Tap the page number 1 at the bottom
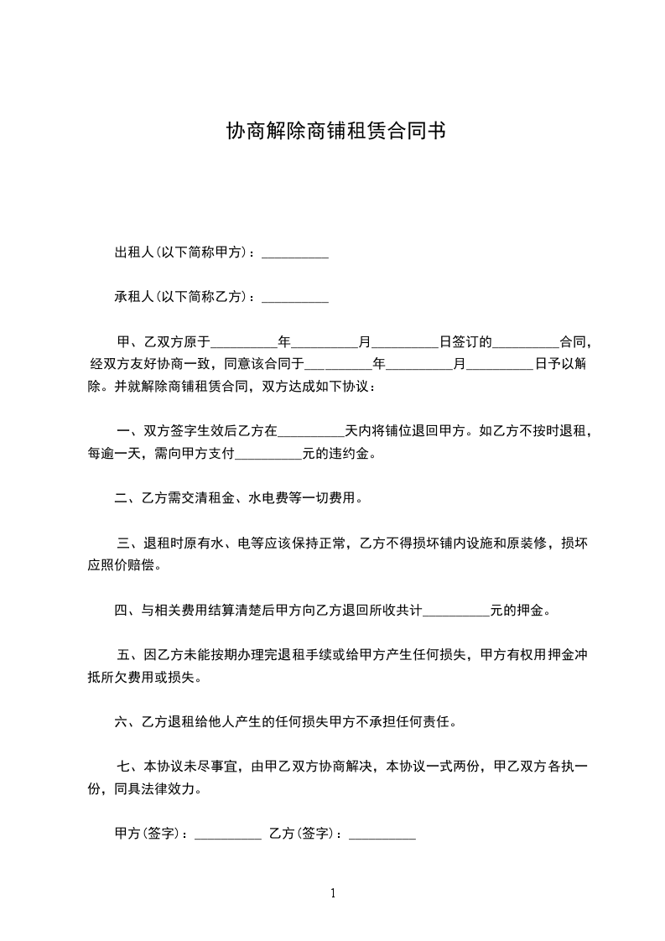pyautogui.click(x=333, y=893)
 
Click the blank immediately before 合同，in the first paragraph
pyautogui.click(x=525, y=344)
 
